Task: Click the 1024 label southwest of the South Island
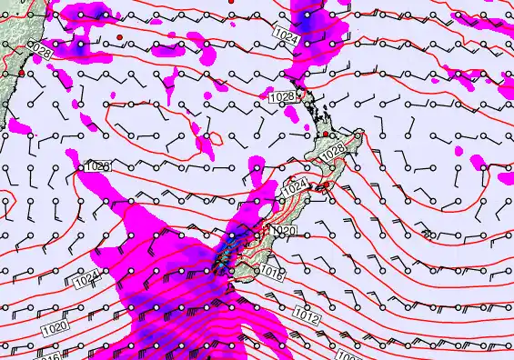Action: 86,281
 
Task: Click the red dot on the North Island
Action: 325,135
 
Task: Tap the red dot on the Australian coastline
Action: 21,72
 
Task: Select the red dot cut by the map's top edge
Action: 232,3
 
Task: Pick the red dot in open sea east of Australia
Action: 119,36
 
